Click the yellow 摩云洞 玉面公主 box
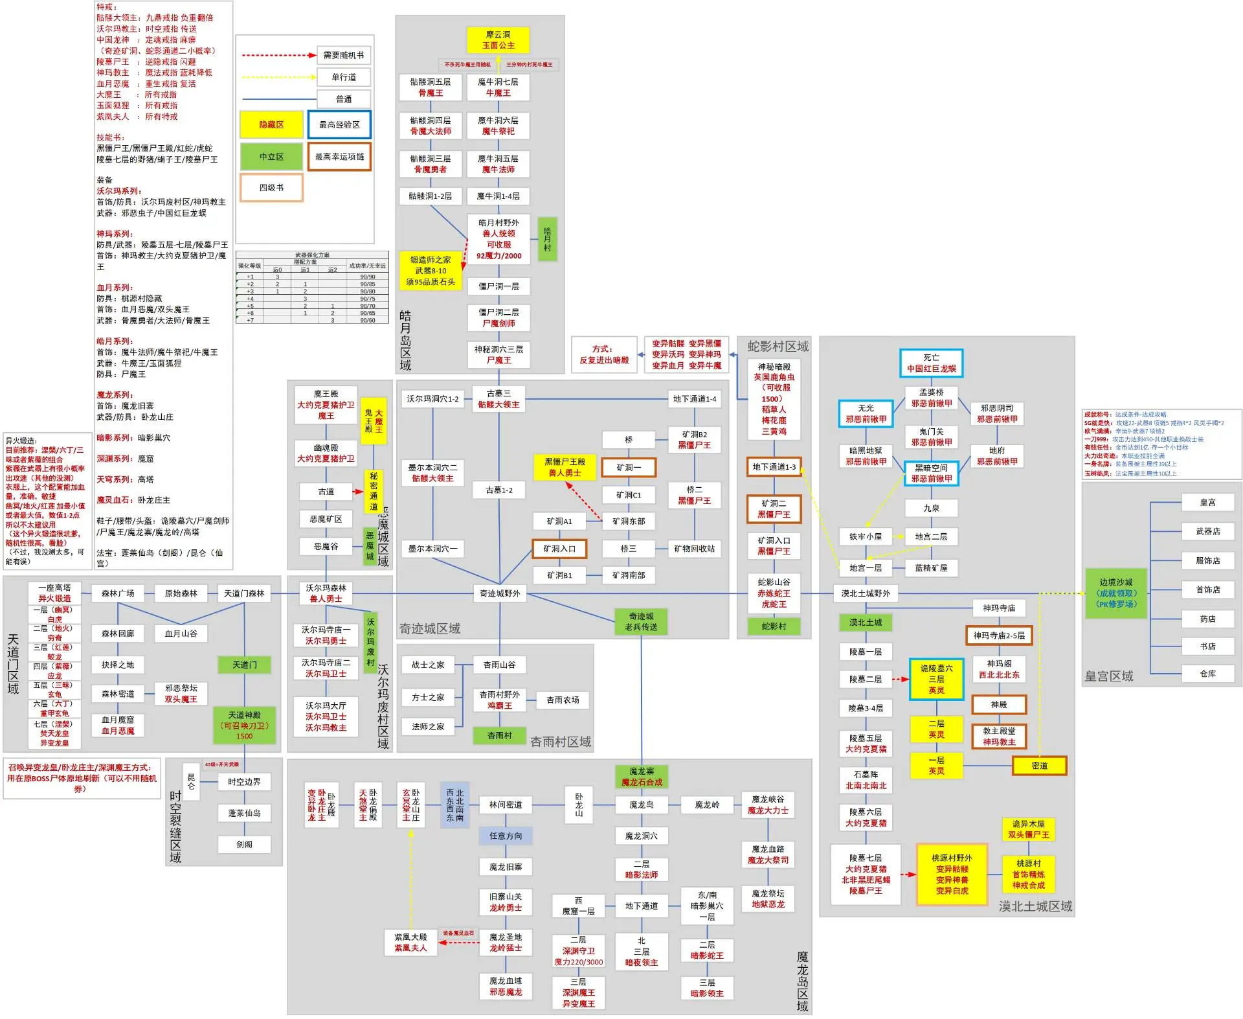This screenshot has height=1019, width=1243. pyautogui.click(x=498, y=40)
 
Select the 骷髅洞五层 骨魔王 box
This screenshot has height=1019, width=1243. pyautogui.click(x=431, y=87)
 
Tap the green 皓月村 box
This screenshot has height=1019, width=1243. pyautogui.click(x=547, y=239)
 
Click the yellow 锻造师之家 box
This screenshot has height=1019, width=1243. pyautogui.click(x=431, y=271)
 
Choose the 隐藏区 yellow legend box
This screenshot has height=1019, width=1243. pyautogui.click(x=271, y=124)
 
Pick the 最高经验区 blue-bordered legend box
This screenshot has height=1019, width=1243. pyautogui.click(x=339, y=124)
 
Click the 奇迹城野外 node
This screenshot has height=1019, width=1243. pyautogui.click(x=500, y=593)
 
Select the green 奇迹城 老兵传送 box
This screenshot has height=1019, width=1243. pyautogui.click(x=641, y=622)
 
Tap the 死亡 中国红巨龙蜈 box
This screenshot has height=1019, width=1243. pyautogui.click(x=931, y=363)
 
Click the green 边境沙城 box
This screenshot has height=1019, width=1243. pyautogui.click(x=1115, y=593)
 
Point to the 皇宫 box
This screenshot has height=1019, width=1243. pyautogui.click(x=1207, y=503)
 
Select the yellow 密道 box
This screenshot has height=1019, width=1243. pyautogui.click(x=1039, y=766)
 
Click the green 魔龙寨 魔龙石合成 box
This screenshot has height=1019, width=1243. pyautogui.click(x=642, y=777)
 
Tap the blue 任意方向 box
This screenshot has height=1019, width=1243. pyautogui.click(x=506, y=836)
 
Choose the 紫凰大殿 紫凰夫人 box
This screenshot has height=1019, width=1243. pyautogui.click(x=410, y=943)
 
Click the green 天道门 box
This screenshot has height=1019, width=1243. pyautogui.click(x=245, y=665)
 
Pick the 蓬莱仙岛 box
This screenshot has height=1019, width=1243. pyautogui.click(x=244, y=813)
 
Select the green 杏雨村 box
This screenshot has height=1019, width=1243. pyautogui.click(x=500, y=736)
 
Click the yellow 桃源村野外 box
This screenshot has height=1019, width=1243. pyautogui.click(x=952, y=874)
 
